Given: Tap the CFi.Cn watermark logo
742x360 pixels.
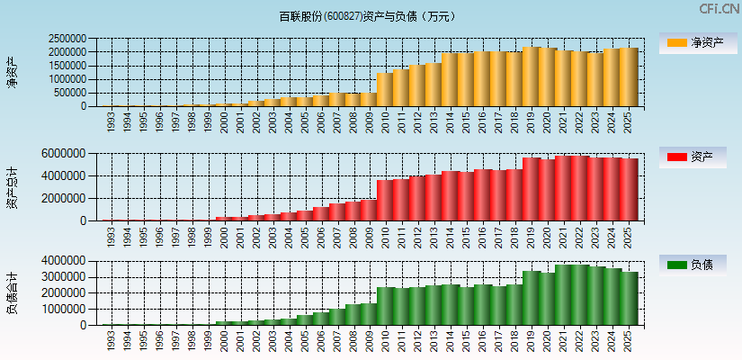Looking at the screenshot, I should click(x=720, y=9).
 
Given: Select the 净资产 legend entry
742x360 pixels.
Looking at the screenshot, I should click(x=694, y=42).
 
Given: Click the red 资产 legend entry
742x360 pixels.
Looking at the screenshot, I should click(x=694, y=157).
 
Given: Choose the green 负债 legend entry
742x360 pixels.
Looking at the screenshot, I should click(x=694, y=265).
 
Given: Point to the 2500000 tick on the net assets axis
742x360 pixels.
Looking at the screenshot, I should click(x=68, y=40).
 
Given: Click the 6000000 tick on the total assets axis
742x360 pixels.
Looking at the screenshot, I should click(x=68, y=154).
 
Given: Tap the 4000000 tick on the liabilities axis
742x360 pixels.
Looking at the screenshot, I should click(x=68, y=261).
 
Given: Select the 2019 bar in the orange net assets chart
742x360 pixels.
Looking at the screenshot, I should click(x=531, y=76).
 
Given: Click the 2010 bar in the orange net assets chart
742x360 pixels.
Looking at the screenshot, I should click(x=385, y=90).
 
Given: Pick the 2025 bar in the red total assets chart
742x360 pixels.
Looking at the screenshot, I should click(x=629, y=189).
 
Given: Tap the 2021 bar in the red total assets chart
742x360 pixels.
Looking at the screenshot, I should click(x=564, y=188).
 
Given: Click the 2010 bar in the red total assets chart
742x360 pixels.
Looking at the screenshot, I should click(x=385, y=200).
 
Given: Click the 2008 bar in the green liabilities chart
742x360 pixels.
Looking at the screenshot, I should click(x=353, y=314).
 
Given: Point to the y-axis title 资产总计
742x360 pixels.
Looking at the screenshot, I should click(x=12, y=187).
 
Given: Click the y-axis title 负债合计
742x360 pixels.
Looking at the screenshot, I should click(x=12, y=293).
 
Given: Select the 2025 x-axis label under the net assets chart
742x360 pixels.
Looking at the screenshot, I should click(x=629, y=122).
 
